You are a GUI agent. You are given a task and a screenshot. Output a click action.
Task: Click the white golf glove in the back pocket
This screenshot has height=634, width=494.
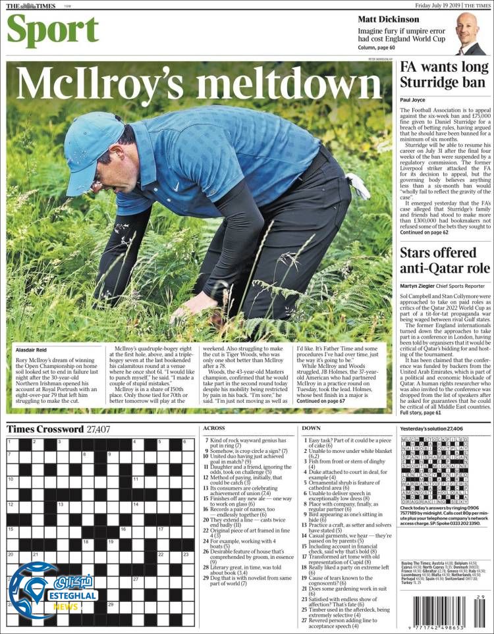tap(358, 186)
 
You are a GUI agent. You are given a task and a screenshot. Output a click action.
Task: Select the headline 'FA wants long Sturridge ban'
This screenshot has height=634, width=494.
tap(445, 76)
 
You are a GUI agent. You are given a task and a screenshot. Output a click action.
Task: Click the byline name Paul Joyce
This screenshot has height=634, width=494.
tap(413, 100)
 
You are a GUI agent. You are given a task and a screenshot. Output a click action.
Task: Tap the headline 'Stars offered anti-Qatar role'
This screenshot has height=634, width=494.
tap(445, 261)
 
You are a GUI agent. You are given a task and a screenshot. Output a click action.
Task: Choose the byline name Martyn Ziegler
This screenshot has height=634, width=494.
tap(420, 286)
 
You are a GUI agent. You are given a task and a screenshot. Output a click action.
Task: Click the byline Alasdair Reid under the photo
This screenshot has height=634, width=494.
tap(32, 351)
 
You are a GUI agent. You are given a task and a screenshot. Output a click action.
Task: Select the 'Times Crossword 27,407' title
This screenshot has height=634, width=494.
tap(58, 429)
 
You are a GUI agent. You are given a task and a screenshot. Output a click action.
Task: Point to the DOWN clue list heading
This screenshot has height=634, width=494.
tap(312, 429)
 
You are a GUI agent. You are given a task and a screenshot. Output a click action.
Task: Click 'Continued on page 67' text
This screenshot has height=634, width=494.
tap(320, 401)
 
